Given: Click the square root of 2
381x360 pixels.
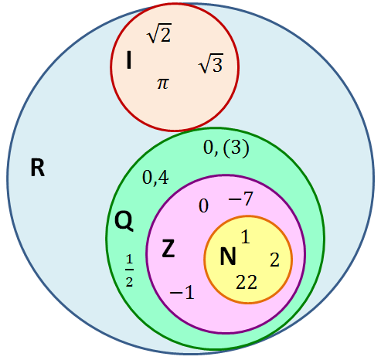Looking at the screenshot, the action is (159, 33).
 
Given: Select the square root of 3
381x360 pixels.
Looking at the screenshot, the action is (211, 63).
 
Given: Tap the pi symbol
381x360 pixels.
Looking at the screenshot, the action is (163, 83).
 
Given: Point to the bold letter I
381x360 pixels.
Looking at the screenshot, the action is (129, 60).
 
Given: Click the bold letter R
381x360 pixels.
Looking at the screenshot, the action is (38, 168).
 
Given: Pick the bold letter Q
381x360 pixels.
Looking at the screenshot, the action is (124, 221).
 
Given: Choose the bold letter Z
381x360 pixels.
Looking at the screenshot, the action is (168, 248).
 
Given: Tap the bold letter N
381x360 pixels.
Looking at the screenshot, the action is (228, 256).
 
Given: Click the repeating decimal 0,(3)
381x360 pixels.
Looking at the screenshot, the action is (226, 148).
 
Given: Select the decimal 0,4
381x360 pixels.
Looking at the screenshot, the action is (155, 178).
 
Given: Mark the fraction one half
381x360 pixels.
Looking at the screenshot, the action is (129, 270).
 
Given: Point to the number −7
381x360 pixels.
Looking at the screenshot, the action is (241, 199).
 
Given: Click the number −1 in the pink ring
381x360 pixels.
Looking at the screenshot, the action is (182, 293).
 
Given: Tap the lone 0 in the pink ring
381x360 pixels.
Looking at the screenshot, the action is (203, 206).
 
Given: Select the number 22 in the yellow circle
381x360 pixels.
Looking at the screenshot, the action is (247, 282).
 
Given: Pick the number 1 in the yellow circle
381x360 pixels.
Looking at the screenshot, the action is (245, 236).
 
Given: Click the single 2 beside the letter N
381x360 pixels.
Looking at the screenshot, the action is (274, 260).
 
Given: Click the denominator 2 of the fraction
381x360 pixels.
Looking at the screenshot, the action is (129, 282).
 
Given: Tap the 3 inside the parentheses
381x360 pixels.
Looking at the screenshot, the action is (236, 148).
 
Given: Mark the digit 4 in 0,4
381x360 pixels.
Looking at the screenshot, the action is (163, 177).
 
